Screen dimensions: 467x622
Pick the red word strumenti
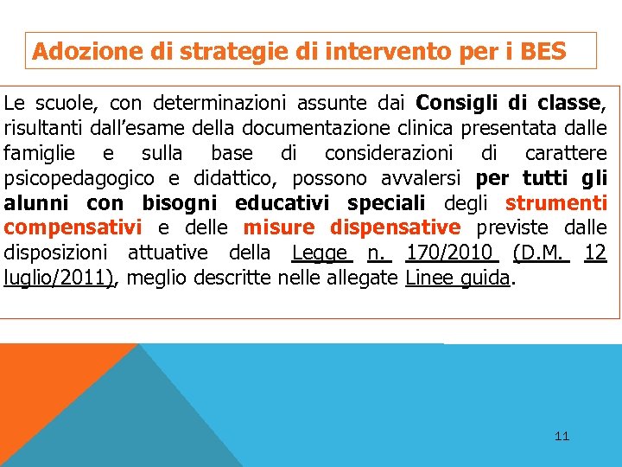point(556,204)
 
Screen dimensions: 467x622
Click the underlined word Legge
point(321,253)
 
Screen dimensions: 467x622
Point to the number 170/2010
point(452,253)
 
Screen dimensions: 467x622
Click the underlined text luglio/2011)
point(59,278)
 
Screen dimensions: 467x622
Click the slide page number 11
point(562,436)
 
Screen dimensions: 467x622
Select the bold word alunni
point(38,204)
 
